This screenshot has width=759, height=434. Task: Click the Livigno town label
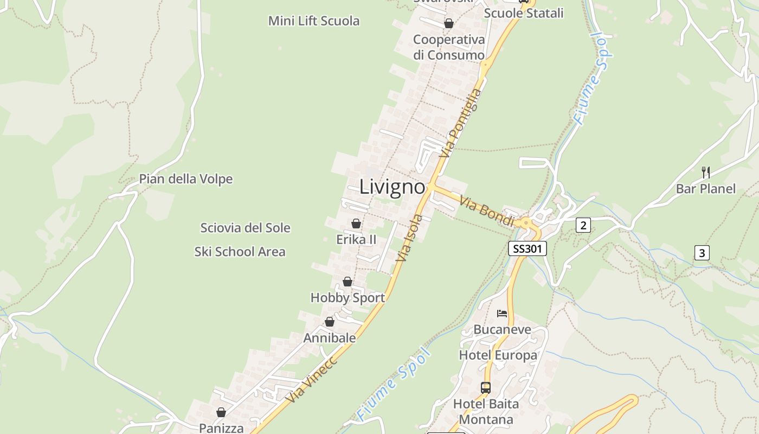tap(392, 187)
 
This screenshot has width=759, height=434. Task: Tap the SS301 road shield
tap(528, 249)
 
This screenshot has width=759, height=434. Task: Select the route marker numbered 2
tap(583, 225)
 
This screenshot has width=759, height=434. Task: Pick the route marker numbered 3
tap(702, 253)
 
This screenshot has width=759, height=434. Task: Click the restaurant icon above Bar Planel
tap(706, 173)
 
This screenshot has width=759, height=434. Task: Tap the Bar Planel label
tap(706, 189)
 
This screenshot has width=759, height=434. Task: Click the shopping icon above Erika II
tap(356, 224)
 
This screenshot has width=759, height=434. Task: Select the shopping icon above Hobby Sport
tap(348, 282)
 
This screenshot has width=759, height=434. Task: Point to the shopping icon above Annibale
tap(330, 322)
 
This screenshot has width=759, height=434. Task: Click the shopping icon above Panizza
tap(221, 412)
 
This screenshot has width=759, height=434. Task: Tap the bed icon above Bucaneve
tap(502, 314)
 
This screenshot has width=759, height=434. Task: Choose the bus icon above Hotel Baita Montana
tap(486, 388)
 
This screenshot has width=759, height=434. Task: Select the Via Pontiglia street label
tap(461, 123)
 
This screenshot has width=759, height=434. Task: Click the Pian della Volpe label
tap(186, 179)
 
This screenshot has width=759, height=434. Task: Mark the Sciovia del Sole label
tap(245, 228)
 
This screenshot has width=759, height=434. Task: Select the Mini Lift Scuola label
tap(314, 21)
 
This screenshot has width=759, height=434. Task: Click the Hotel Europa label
tap(498, 355)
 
